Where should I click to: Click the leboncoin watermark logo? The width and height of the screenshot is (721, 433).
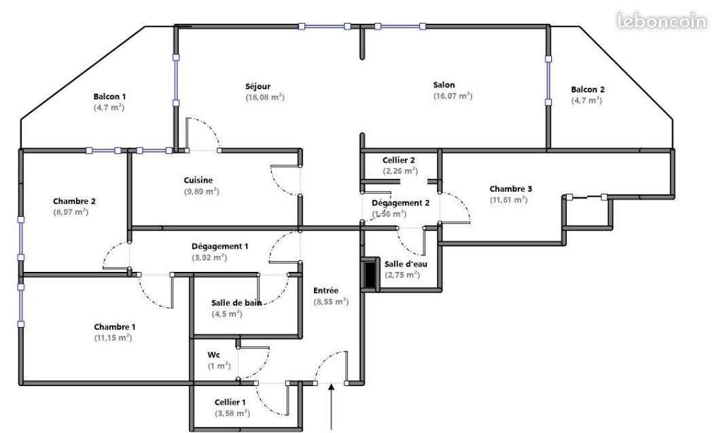click(x=662, y=22)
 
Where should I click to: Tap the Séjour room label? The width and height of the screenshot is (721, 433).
click(x=258, y=86)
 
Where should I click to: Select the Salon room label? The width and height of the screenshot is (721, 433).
click(x=444, y=85)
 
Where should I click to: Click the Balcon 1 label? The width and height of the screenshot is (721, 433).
click(x=109, y=97)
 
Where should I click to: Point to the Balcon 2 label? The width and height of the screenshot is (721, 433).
click(x=588, y=89)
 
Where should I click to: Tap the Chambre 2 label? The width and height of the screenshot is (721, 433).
click(x=74, y=201)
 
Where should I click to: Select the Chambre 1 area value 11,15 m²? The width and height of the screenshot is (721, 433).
click(x=113, y=338)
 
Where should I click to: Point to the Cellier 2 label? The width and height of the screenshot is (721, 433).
click(x=399, y=160)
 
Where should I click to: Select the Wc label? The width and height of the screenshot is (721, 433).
click(x=213, y=355)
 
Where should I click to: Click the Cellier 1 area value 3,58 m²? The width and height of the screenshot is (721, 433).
click(x=232, y=413)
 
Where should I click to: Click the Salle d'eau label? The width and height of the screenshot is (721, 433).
click(x=406, y=264)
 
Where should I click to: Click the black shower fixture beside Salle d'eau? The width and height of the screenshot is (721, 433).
click(x=370, y=273)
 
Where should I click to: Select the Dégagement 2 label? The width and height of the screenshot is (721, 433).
click(x=401, y=203)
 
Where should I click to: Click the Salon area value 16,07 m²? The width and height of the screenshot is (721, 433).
click(x=453, y=97)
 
